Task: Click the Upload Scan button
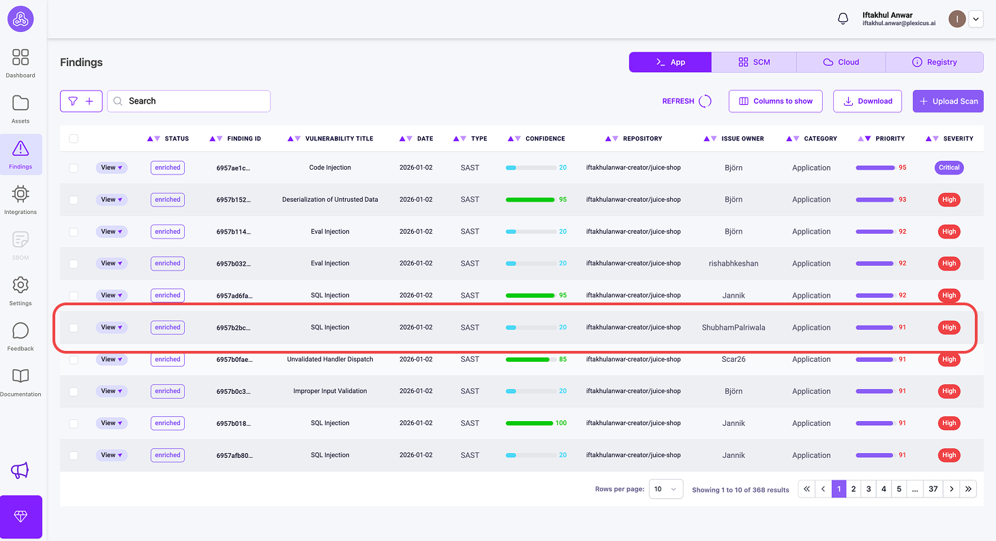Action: (x=948, y=102)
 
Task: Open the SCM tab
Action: (x=754, y=62)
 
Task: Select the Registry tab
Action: (x=934, y=62)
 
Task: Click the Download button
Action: (x=868, y=102)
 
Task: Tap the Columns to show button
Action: (x=775, y=102)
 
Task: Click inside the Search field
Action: (x=189, y=102)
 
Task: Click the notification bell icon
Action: (x=843, y=18)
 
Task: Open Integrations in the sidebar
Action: (x=20, y=200)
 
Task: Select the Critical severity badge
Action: (x=949, y=168)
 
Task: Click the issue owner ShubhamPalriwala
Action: (x=734, y=328)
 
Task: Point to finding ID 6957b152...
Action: (x=233, y=200)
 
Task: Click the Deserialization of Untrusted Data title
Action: (x=330, y=200)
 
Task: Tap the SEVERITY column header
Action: (x=959, y=139)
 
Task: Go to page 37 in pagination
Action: (x=933, y=489)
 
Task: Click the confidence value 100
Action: (x=561, y=423)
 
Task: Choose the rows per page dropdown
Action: (x=665, y=489)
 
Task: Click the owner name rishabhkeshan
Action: (x=734, y=264)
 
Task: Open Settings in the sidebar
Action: (x=20, y=291)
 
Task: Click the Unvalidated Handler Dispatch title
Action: (x=330, y=359)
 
